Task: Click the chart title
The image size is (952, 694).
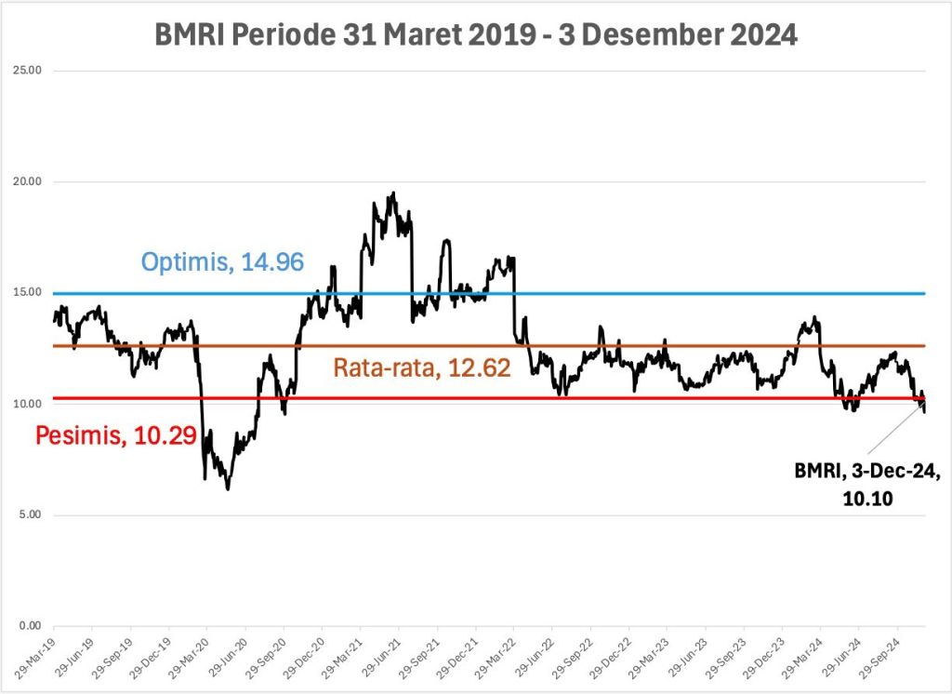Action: click(x=475, y=35)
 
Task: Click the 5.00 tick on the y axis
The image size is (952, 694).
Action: click(x=31, y=514)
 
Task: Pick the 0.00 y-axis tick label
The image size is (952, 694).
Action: click(x=31, y=625)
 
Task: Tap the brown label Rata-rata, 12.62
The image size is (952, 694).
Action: click(x=422, y=368)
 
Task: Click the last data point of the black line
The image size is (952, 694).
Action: click(x=924, y=410)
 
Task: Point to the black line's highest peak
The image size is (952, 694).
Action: click(x=394, y=194)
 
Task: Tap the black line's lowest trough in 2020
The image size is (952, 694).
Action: click(x=228, y=488)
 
